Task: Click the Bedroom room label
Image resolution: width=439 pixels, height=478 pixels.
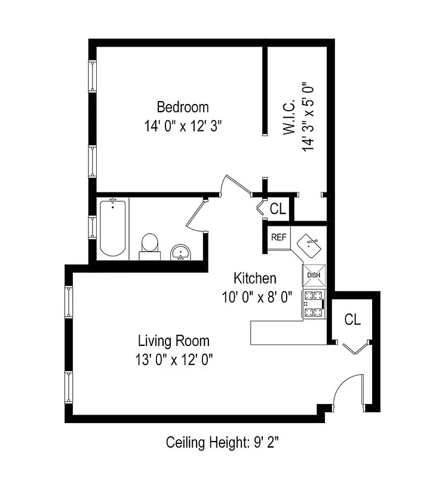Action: [x=183, y=108]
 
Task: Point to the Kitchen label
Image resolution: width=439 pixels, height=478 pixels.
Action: [x=254, y=278]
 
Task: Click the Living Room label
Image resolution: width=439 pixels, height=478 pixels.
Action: [x=174, y=341]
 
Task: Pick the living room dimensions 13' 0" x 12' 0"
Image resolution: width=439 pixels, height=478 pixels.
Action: [x=174, y=360]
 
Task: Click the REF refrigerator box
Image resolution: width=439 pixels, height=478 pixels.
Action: [x=279, y=237]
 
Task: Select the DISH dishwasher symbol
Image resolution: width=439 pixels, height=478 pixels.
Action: [x=314, y=275]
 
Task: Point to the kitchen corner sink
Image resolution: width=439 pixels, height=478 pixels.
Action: [x=310, y=244]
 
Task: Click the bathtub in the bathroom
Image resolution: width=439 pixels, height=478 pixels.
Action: [x=112, y=228]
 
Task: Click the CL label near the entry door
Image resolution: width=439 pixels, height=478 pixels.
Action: [x=352, y=320]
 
